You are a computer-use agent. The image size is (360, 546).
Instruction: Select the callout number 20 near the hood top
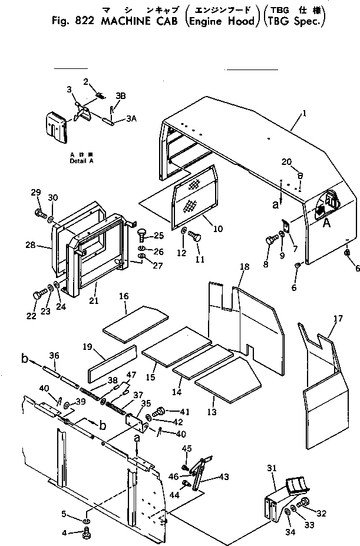click(286, 162)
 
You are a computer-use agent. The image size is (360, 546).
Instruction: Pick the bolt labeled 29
click(38, 213)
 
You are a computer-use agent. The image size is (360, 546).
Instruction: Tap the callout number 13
click(212, 411)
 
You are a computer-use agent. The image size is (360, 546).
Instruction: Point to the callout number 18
click(245, 267)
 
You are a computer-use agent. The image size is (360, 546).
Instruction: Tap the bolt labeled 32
click(305, 502)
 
